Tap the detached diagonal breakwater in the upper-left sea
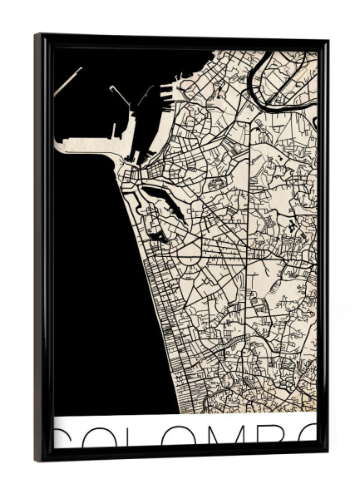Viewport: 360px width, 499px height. [68, 80]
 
